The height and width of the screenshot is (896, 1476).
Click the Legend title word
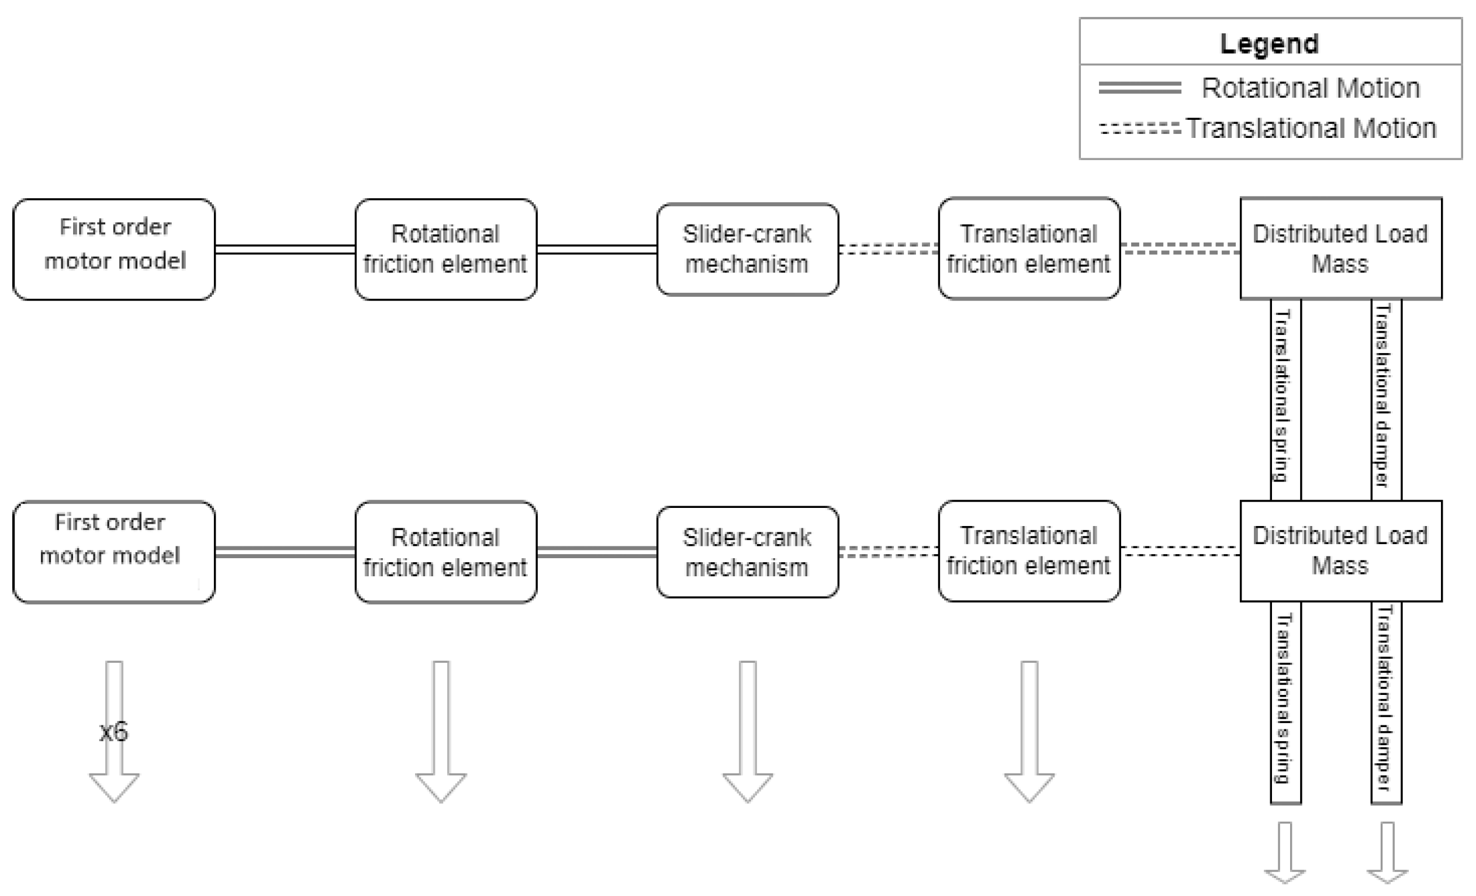point(1268,44)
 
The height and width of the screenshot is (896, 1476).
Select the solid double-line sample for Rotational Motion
point(1139,88)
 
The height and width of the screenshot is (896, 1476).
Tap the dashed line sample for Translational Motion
point(1139,128)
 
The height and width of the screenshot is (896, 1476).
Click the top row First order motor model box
point(114,249)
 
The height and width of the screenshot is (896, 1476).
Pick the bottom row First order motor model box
point(114,552)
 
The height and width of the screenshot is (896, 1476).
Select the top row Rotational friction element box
point(445,249)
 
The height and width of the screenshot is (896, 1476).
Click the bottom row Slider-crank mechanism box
point(747,552)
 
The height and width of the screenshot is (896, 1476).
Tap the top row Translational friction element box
point(1029,248)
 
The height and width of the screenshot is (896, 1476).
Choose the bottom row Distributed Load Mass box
point(1340,551)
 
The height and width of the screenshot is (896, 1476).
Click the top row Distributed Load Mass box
point(1340,248)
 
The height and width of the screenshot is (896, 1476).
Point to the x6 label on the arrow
point(114,732)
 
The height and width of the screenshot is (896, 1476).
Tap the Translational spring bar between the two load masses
point(1285,399)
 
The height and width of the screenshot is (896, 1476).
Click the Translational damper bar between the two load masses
point(1386,399)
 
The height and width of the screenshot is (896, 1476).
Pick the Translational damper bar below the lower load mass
point(1386,702)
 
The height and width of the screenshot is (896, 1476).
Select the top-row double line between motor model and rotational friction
point(285,249)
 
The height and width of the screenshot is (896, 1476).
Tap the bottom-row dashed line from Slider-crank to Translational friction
point(889,552)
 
